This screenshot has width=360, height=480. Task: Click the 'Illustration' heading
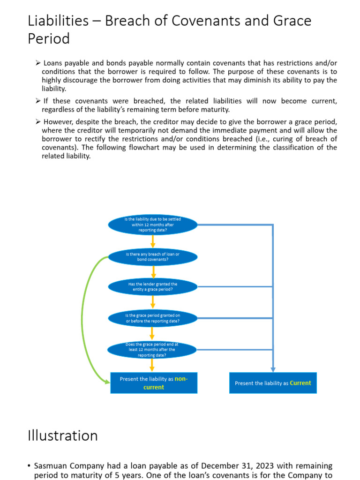click(63, 435)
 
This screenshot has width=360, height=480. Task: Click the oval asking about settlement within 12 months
click(153, 225)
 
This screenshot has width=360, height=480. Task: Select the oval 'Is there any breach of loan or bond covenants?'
click(153, 256)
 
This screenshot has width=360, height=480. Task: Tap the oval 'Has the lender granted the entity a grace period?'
click(153, 287)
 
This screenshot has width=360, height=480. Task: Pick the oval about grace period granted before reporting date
click(153, 318)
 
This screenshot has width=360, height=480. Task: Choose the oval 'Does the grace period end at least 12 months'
click(153, 350)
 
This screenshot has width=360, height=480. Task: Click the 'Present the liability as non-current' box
click(154, 383)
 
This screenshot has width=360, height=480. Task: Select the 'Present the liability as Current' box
click(273, 383)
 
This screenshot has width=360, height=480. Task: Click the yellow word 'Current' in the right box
click(300, 383)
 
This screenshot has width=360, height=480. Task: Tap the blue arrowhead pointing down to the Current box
click(273, 369)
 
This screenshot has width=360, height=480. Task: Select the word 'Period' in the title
click(49, 38)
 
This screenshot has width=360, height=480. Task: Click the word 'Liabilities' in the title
click(59, 21)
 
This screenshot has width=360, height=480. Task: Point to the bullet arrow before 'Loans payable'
click(38, 63)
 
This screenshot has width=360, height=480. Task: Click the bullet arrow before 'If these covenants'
click(38, 101)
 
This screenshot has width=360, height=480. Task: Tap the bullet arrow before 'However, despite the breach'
click(38, 122)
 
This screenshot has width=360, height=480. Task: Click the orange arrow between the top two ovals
click(153, 241)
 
